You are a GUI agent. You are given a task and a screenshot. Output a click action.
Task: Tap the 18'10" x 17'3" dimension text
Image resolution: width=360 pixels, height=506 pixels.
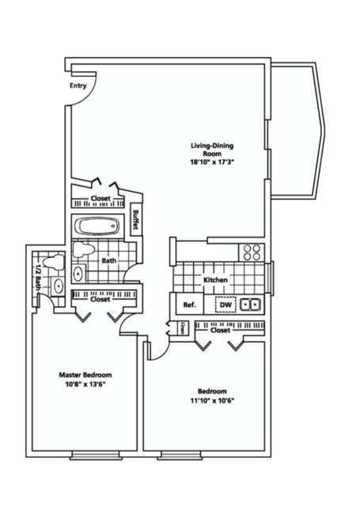[x=214, y=162]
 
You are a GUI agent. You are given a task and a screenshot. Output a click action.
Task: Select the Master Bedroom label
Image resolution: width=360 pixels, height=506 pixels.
[x=85, y=375]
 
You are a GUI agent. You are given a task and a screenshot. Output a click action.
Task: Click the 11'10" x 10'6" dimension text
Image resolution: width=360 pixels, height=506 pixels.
[x=213, y=400]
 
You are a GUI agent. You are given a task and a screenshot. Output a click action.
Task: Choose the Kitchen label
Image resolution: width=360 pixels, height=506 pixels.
[x=215, y=280]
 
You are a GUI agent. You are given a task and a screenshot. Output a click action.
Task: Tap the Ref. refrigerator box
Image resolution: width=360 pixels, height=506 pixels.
[x=189, y=305]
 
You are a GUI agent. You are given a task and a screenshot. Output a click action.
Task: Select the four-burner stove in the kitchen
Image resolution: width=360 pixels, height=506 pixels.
[x=252, y=252]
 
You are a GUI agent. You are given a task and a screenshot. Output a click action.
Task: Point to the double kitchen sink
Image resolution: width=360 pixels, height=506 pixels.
[x=251, y=304]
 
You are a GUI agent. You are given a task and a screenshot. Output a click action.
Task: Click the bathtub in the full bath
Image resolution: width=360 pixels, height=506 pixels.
[x=96, y=226]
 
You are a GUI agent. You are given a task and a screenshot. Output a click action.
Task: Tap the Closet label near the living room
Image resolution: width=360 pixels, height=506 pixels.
[x=100, y=198]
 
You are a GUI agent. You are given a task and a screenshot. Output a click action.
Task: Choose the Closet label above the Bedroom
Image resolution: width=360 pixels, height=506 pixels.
[x=220, y=329]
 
